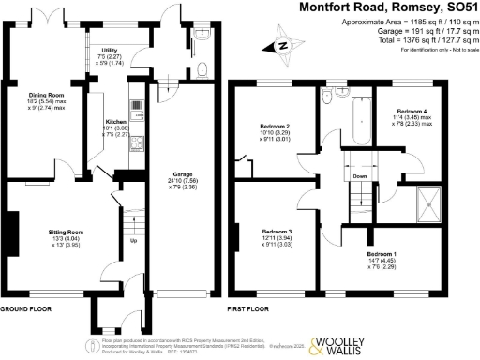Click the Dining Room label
[x=48, y=95]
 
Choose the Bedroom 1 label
[x=381, y=254]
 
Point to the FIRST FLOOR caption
[x=248, y=307]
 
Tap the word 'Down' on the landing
[x=360, y=175]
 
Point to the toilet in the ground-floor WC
[x=203, y=68]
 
